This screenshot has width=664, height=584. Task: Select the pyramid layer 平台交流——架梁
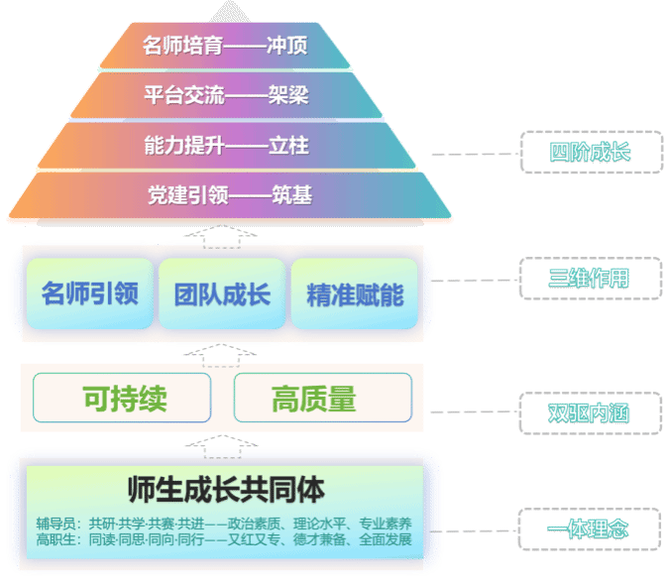tap(225, 96)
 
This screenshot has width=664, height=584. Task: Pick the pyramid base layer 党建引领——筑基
tap(229, 195)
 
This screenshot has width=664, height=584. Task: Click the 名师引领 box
tap(90, 294)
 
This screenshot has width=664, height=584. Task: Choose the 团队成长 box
tap(222, 294)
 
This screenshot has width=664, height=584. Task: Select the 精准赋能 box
tap(355, 294)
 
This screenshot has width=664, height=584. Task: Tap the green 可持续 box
tap(123, 399)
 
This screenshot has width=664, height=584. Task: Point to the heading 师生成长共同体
tap(227, 489)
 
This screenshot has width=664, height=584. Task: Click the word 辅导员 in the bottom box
tap(55, 524)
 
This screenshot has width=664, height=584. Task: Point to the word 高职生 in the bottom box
tap(55, 540)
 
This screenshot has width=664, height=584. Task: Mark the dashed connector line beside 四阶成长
tap(474, 154)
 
